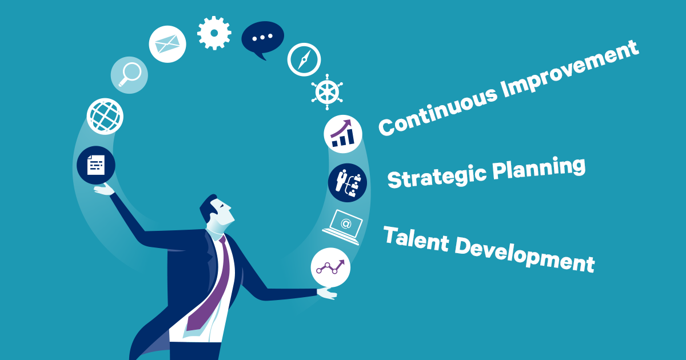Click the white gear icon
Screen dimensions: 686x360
pyautogui.click(x=214, y=33)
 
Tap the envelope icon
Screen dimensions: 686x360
pyautogui.click(x=167, y=44)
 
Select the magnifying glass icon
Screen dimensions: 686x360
pyautogui.click(x=129, y=75)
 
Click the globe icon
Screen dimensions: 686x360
pyautogui.click(x=105, y=117)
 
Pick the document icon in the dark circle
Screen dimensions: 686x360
pyautogui.click(x=96, y=165)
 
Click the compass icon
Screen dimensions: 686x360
pyautogui.click(x=304, y=59)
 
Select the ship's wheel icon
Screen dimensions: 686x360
pyautogui.click(x=327, y=92)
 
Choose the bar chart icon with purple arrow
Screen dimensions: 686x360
pyautogui.click(x=343, y=134)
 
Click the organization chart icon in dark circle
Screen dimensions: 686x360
pyautogui.click(x=348, y=183)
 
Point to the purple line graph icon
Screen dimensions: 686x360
pyautogui.click(x=330, y=267)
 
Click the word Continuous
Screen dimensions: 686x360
pyautogui.click(x=438, y=110)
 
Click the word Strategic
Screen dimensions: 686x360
pyautogui.click(x=437, y=177)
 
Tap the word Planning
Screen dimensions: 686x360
pyautogui.click(x=539, y=169)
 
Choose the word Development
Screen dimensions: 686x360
pyautogui.click(x=525, y=257)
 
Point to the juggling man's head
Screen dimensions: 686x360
pyautogui.click(x=217, y=212)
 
